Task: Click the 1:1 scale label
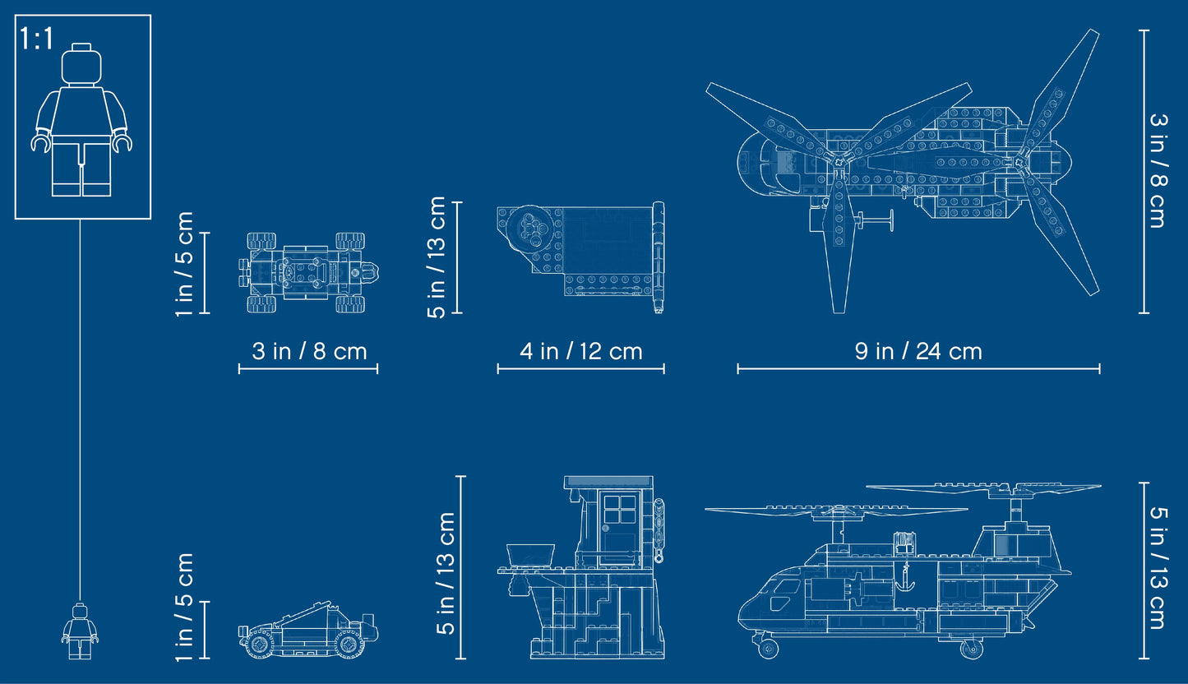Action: click(x=36, y=39)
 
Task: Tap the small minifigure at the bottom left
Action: click(x=80, y=631)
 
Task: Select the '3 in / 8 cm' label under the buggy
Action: click(x=309, y=351)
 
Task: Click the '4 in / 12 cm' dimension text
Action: click(x=580, y=351)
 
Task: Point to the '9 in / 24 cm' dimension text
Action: click(x=918, y=351)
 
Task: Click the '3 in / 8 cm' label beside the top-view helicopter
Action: click(x=1158, y=171)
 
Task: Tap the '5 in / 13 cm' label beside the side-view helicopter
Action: click(x=1158, y=568)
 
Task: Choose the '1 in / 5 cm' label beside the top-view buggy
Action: click(x=184, y=264)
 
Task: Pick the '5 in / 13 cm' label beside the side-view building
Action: click(x=446, y=573)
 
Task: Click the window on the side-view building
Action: click(x=620, y=509)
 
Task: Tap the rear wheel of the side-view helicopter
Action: click(x=971, y=649)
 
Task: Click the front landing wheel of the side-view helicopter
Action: click(x=768, y=648)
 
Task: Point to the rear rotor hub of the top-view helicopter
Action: click(x=1019, y=161)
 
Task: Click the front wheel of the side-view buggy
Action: click(x=349, y=644)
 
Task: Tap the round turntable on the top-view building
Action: click(x=530, y=228)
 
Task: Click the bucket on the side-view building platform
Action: click(x=530, y=555)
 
